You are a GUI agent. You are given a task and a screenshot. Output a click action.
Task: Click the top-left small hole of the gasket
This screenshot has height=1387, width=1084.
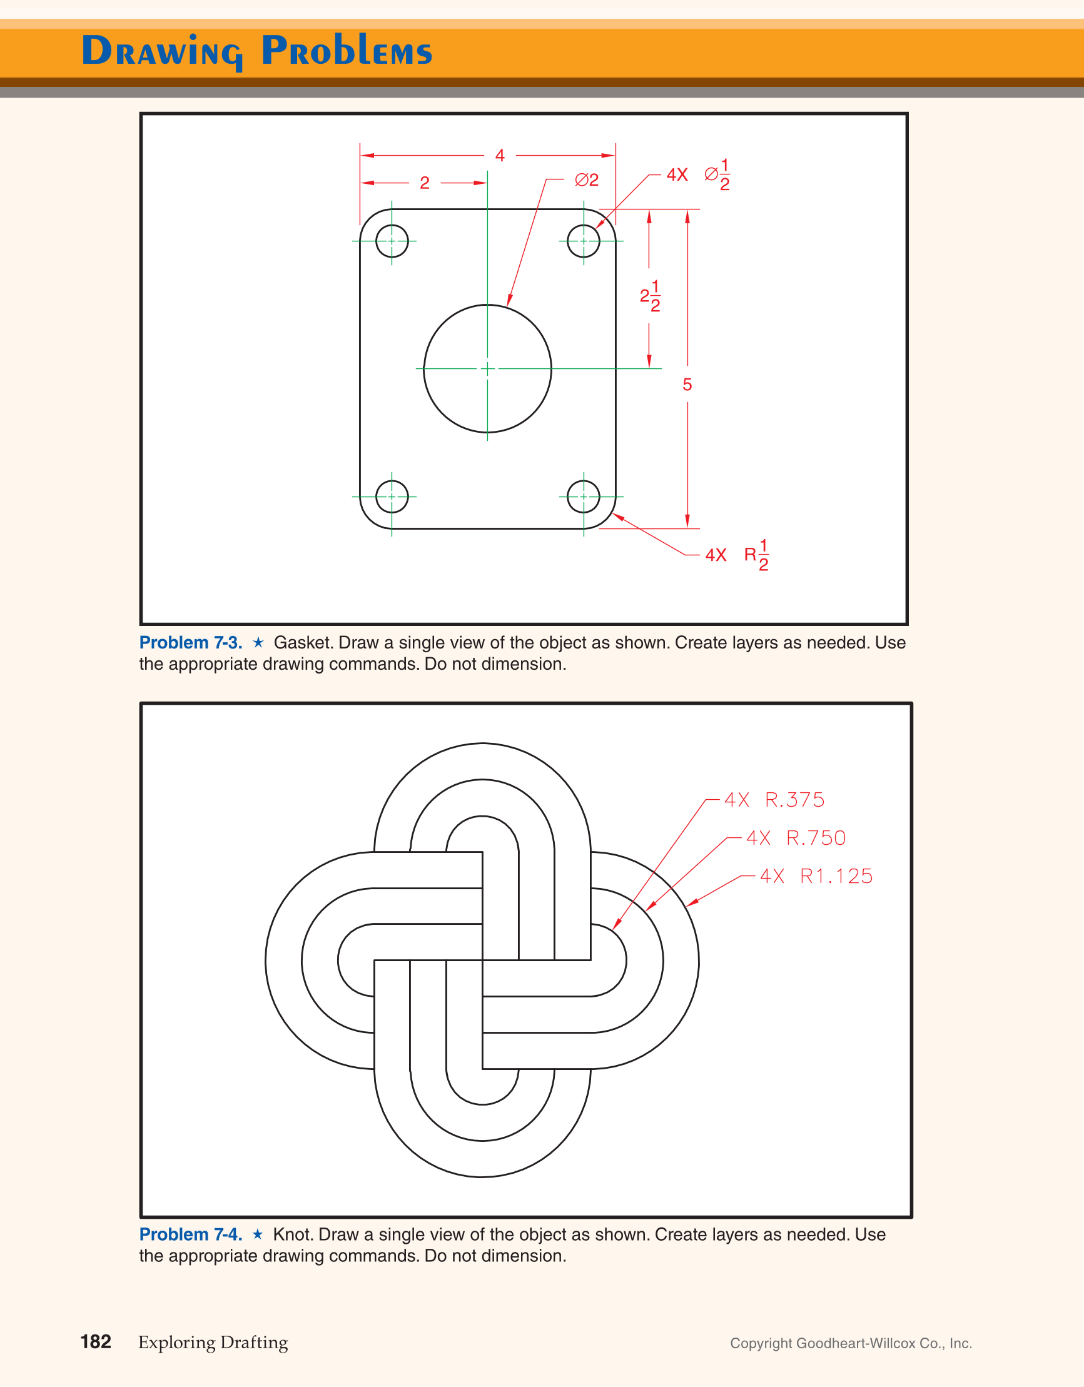coord(392,241)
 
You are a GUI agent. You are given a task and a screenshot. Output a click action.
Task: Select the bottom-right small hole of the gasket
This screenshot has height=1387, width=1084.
coord(584,497)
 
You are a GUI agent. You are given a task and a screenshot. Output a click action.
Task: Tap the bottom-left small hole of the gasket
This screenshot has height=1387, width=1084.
coord(392,497)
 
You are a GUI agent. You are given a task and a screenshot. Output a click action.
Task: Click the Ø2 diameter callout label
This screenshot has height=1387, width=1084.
coord(587,180)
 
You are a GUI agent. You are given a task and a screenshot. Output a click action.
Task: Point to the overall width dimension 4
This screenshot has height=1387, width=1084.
coord(500,156)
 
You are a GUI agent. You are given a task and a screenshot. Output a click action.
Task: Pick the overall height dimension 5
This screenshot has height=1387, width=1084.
coord(687,384)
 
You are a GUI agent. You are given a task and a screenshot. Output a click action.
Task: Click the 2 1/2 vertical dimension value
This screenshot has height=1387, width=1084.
coord(650,296)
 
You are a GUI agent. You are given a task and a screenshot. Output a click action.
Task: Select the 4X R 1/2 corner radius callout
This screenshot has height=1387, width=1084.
coord(737,555)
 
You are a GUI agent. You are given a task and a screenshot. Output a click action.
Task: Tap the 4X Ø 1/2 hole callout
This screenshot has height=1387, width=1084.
coord(698,174)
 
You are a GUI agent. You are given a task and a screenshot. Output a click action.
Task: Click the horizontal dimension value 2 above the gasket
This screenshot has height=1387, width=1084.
coord(425,183)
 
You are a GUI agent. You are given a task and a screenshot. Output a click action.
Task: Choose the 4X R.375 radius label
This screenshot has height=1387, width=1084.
coord(774,800)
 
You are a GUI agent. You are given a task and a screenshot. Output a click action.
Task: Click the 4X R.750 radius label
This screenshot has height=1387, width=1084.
coord(796,839)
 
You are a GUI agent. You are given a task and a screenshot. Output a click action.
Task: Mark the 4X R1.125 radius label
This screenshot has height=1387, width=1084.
coord(816,876)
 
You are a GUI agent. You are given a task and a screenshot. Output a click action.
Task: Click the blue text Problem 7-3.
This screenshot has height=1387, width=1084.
coord(191,643)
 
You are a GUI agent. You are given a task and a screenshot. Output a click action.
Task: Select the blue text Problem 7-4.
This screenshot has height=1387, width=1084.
coord(191,1234)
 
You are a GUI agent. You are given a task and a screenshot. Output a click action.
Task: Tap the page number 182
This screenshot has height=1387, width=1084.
coord(96,1341)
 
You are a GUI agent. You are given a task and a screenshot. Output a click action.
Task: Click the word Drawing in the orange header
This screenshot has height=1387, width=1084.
coord(162,51)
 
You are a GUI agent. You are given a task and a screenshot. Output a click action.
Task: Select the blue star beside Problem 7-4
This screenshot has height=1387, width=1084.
coord(257,1234)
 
